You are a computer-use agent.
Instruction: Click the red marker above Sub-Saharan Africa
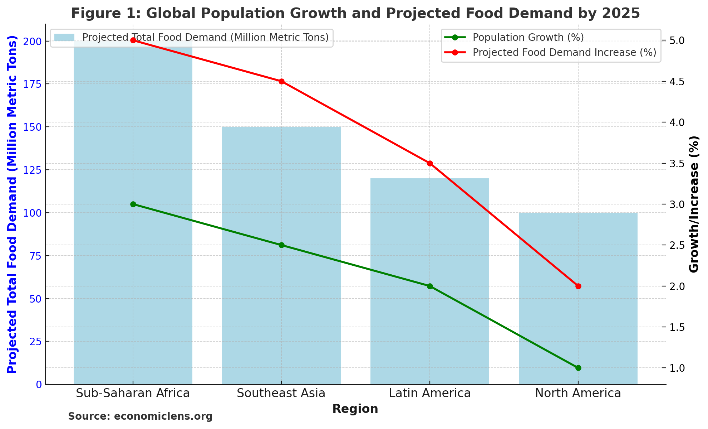[x=133, y=40]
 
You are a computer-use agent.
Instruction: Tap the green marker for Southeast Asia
[x=281, y=245]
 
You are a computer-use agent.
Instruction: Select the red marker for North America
[x=578, y=286]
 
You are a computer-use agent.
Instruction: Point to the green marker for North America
[x=578, y=368]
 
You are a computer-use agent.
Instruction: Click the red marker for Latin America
[x=430, y=164]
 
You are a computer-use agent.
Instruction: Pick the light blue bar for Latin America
[x=430, y=322]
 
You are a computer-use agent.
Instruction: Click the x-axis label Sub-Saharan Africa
[x=133, y=394]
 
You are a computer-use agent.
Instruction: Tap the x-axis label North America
[x=578, y=394]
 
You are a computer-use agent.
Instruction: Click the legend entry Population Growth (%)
[x=528, y=38]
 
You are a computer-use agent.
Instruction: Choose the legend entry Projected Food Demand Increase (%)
[x=564, y=53]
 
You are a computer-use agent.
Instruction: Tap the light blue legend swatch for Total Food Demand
[x=65, y=38]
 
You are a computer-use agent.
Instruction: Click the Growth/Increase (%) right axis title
[x=694, y=204]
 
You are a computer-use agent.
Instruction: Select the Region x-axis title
[x=355, y=409]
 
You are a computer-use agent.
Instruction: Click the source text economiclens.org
[x=163, y=416]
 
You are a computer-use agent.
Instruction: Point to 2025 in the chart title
[x=621, y=14]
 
